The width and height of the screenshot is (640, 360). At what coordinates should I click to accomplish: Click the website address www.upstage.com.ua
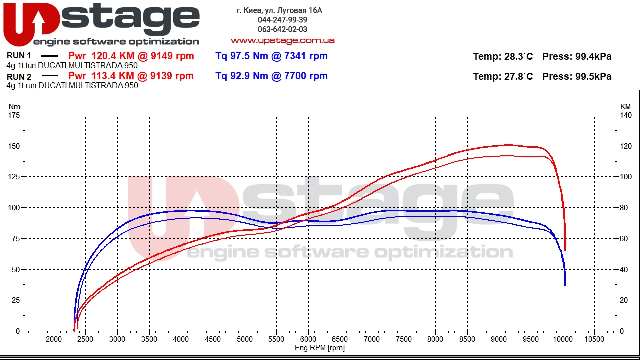point(282,40)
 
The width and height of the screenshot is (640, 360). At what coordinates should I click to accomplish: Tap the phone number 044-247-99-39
point(282,20)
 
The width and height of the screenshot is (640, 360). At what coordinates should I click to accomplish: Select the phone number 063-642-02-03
point(282,29)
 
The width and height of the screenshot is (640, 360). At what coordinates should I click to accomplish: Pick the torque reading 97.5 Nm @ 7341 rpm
point(271,56)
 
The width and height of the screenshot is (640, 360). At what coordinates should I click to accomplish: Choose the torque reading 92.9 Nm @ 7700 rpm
point(271,76)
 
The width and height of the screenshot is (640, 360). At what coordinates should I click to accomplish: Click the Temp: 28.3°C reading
point(502,56)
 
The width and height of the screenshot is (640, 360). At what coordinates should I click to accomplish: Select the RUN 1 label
point(19,56)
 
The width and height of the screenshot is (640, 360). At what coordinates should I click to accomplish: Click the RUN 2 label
point(19,76)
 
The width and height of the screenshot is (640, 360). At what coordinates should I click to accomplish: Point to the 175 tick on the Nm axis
point(14,115)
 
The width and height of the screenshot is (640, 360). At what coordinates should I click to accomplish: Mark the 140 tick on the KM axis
point(625,115)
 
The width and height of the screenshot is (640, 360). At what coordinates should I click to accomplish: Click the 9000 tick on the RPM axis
point(499,339)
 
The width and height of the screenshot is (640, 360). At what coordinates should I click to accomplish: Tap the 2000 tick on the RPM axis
point(54,339)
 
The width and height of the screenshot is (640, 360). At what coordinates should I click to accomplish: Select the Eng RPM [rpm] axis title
point(319,348)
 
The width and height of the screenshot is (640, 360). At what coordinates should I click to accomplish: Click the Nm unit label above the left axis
point(14,106)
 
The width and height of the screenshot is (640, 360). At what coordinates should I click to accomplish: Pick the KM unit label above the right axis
point(625,106)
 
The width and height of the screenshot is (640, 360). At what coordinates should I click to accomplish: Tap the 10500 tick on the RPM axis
point(594,339)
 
